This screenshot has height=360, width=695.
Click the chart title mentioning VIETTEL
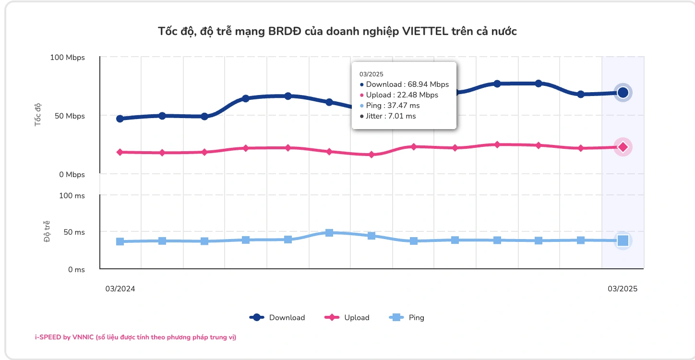(x=337, y=32)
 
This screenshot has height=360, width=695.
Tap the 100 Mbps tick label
(x=67, y=58)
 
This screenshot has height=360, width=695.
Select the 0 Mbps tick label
(x=72, y=175)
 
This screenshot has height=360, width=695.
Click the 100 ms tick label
(x=72, y=196)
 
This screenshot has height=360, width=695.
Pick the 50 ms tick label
(x=74, y=232)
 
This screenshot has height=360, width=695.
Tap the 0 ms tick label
(x=76, y=270)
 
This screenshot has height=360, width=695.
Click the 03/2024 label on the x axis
(x=120, y=289)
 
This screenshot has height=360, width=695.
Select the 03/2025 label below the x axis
(x=623, y=289)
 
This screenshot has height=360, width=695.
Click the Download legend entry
(x=277, y=317)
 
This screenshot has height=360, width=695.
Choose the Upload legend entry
(x=347, y=317)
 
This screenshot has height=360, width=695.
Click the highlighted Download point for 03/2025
(x=623, y=93)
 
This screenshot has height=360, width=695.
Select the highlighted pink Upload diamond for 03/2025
(x=623, y=147)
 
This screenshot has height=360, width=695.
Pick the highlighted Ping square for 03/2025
(x=623, y=240)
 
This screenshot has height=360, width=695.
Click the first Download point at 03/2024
(x=120, y=119)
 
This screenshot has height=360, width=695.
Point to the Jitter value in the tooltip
(x=388, y=116)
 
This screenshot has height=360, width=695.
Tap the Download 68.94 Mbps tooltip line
(x=404, y=84)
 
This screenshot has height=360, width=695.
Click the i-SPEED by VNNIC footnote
(x=135, y=337)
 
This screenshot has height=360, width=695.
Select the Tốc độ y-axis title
(x=38, y=114)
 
